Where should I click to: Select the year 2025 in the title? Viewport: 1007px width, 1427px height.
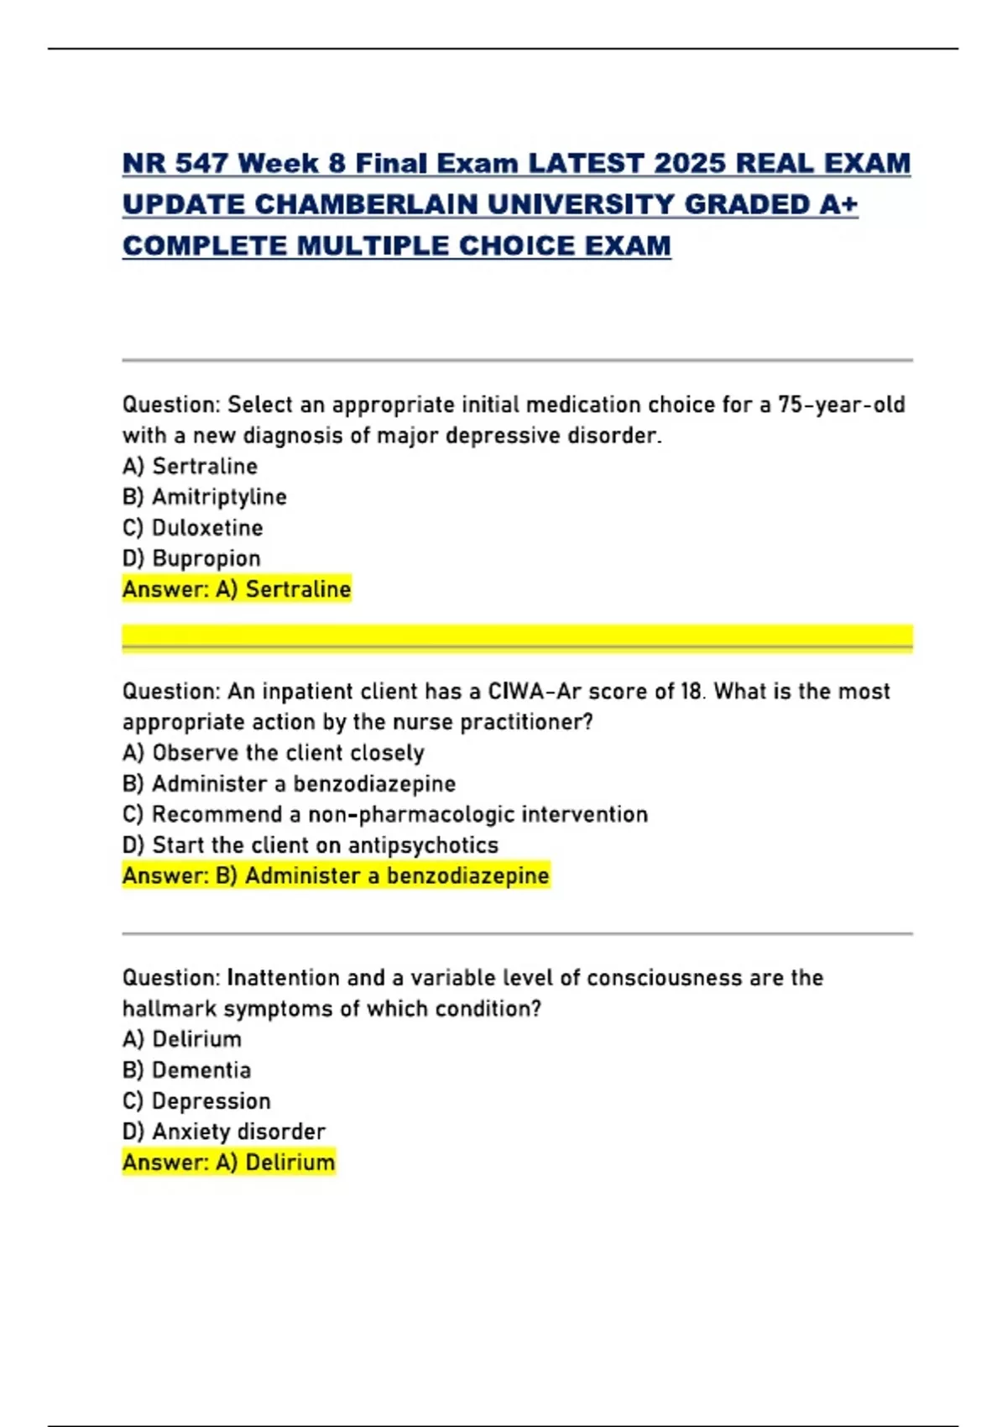[x=690, y=163]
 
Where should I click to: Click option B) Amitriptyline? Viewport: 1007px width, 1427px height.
[x=205, y=497]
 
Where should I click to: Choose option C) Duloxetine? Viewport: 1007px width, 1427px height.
[x=193, y=528]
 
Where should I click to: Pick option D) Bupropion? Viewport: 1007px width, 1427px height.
[x=192, y=558]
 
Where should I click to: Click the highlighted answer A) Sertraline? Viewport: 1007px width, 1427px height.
[x=237, y=589]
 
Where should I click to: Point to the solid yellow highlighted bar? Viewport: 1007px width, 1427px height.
[x=517, y=636]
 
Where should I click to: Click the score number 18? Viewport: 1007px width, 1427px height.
[x=691, y=692]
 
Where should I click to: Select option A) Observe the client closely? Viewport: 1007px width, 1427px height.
[x=274, y=753]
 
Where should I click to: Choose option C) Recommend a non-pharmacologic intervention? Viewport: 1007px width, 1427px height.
[x=385, y=814]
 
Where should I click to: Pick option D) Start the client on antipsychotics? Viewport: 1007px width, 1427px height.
[x=310, y=845]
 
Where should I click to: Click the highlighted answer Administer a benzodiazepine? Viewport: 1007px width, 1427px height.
[x=396, y=876]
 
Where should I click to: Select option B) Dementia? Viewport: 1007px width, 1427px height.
[x=187, y=1070]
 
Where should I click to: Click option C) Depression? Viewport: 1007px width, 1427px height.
[x=197, y=1101]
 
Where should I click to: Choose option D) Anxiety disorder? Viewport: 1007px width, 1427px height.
[x=224, y=1132]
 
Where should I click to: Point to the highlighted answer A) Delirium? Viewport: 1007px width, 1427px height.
[x=229, y=1163]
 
